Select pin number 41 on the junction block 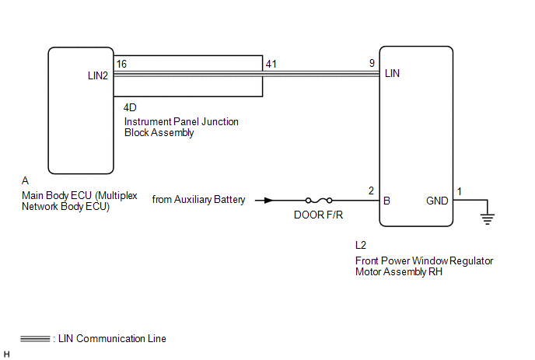270,62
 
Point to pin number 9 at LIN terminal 372,62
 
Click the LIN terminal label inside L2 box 393,75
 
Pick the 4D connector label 131,107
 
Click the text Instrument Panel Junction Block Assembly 181,127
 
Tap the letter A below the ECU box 26,180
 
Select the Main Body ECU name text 79,201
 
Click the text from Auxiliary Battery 198,200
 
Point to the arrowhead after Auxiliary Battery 267,200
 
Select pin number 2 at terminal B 371,191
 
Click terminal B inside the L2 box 386,200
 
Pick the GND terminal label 437,200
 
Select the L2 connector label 361,245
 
